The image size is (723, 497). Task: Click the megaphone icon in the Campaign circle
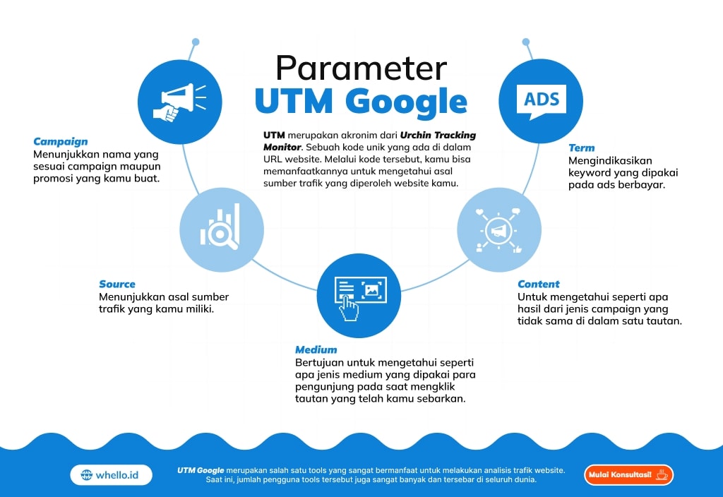tap(179, 102)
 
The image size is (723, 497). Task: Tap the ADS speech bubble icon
tap(542, 102)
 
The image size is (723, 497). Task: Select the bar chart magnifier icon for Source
tap(220, 227)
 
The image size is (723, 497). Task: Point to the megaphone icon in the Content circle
tap(498, 231)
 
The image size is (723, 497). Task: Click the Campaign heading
tap(61, 141)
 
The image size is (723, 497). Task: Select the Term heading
tap(582, 148)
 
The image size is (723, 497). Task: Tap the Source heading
tap(117, 284)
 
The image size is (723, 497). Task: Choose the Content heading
tap(538, 284)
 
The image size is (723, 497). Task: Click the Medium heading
tap(316, 349)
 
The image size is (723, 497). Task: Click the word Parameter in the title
tap(361, 68)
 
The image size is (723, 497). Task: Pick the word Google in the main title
tap(406, 102)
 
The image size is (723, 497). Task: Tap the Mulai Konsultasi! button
tap(628, 475)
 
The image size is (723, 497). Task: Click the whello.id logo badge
tap(111, 475)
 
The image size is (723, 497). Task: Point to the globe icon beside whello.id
tap(86, 475)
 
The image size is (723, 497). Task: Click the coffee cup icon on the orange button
tap(662, 474)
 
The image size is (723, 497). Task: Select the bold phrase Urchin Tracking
tap(438, 135)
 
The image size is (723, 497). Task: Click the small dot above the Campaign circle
tap(196, 42)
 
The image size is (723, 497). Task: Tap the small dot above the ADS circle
tap(525, 42)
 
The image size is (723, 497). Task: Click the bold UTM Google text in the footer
tap(201, 470)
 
